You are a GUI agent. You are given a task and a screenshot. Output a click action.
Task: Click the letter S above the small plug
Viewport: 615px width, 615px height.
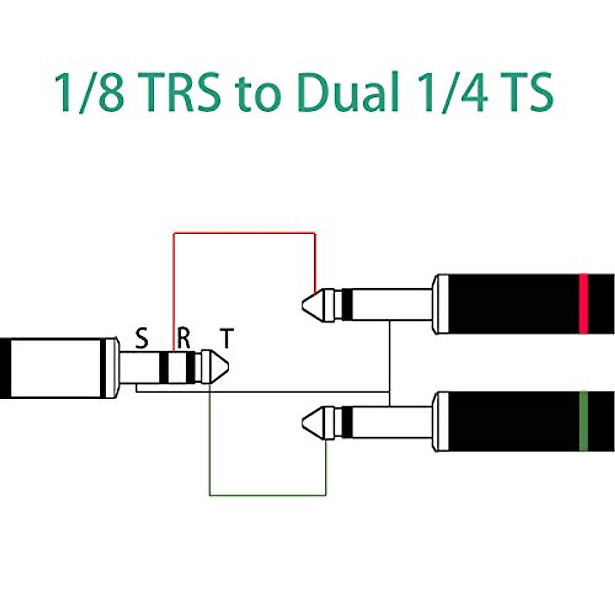(141, 339)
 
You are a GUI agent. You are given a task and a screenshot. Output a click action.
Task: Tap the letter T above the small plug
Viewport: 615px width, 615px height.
(226, 339)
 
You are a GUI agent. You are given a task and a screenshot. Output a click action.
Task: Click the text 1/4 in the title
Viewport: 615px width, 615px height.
(449, 93)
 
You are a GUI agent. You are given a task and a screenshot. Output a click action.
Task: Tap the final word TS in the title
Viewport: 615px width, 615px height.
(526, 93)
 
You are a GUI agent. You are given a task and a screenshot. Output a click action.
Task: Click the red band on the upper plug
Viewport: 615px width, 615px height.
(583, 304)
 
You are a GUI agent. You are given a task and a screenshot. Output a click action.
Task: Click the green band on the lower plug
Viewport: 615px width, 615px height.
(583, 421)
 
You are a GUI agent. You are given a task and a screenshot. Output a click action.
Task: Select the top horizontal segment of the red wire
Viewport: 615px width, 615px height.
(244, 233)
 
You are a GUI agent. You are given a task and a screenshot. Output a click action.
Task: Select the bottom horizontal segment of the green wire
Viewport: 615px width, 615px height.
(267, 496)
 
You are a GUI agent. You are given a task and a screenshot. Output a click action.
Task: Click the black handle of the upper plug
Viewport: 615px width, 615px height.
(512, 304)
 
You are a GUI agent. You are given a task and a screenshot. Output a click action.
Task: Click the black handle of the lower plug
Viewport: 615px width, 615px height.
(512, 421)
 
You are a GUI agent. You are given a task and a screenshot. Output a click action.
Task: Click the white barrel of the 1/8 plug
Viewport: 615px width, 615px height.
(56, 367)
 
